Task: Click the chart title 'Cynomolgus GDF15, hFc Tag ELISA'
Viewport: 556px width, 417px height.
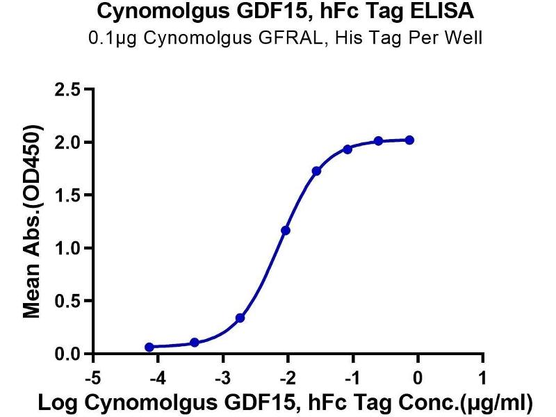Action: click(x=278, y=12)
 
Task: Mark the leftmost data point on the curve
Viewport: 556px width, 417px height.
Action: click(x=149, y=347)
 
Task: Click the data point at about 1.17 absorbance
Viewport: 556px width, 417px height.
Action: click(x=285, y=230)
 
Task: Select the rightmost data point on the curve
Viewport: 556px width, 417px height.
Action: click(x=409, y=140)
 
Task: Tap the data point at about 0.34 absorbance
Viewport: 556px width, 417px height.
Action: click(x=240, y=318)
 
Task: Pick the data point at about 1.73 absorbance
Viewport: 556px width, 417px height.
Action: click(x=316, y=171)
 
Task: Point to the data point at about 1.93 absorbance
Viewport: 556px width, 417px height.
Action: click(x=347, y=149)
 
